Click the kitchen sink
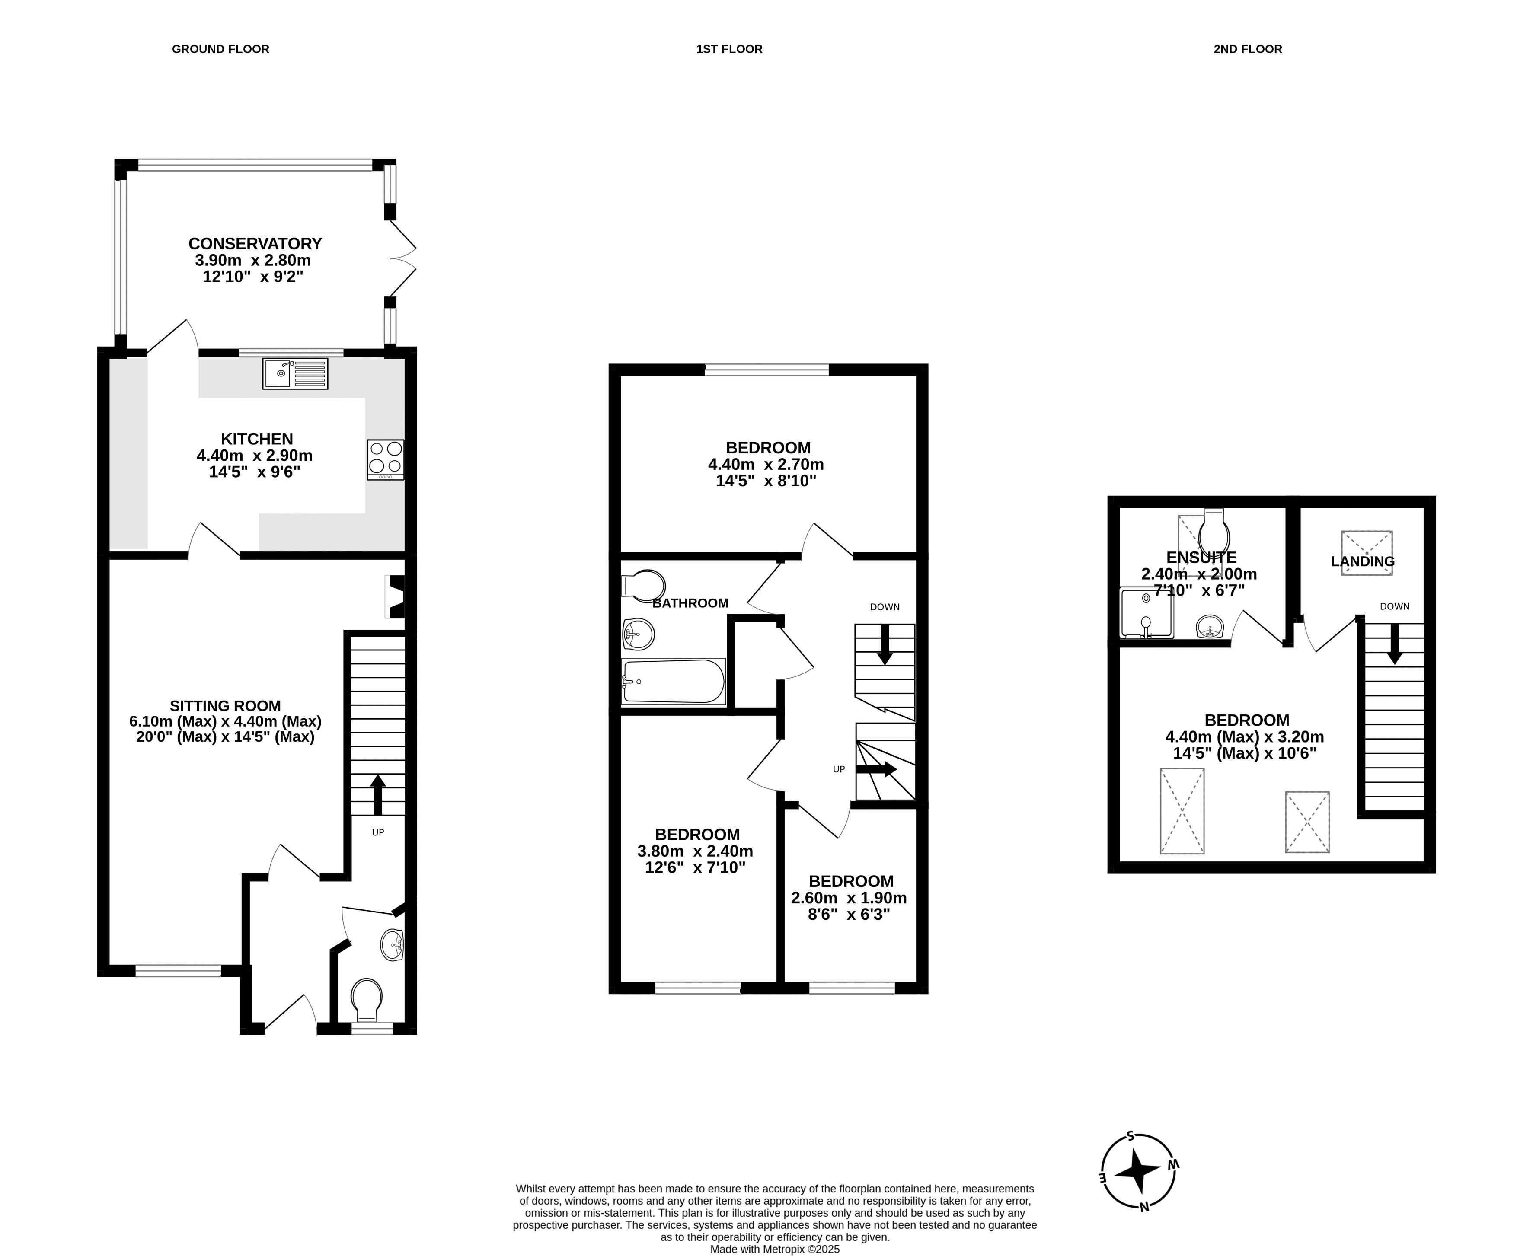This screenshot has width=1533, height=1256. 295,373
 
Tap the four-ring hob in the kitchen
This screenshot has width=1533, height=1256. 385,459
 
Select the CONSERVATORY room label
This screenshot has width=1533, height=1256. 255,244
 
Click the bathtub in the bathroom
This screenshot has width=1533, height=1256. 673,681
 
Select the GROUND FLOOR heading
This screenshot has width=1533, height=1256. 221,49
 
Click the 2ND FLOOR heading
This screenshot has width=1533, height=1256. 1248,49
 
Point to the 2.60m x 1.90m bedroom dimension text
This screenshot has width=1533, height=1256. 849,898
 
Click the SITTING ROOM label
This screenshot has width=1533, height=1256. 225,705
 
